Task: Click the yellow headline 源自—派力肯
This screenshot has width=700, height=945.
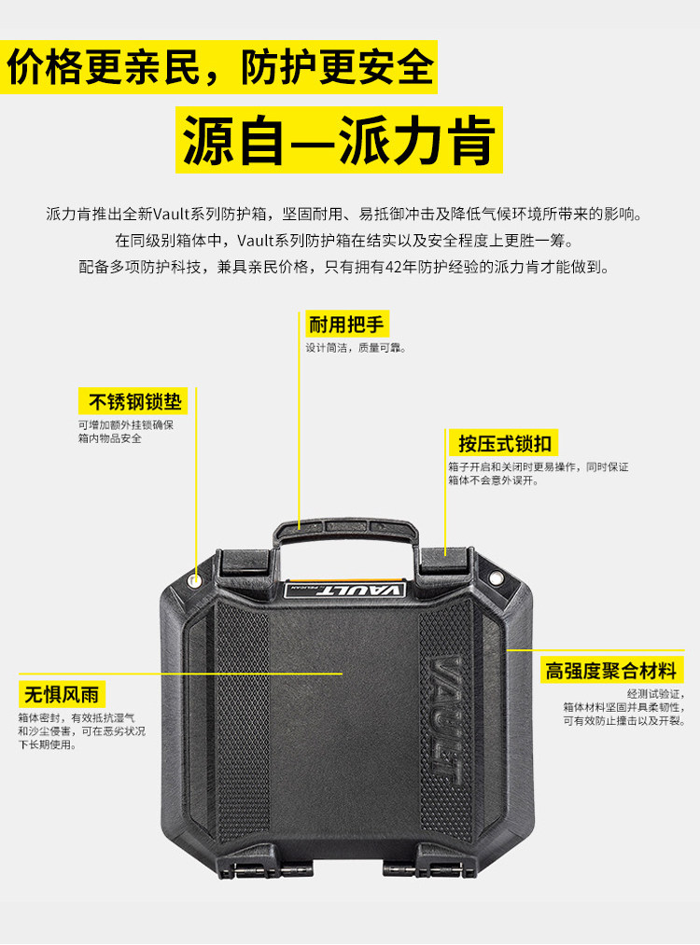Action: click(x=339, y=140)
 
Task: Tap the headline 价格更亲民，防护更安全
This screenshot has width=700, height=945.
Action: click(x=220, y=68)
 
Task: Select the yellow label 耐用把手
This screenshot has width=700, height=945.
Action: click(x=346, y=324)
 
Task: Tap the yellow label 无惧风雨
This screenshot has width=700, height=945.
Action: click(x=62, y=694)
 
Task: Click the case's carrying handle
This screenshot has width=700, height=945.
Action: click(x=343, y=531)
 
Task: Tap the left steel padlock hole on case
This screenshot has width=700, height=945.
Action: click(x=194, y=580)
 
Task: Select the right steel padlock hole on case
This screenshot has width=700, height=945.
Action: click(x=497, y=579)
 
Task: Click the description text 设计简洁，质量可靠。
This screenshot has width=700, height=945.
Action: click(x=357, y=348)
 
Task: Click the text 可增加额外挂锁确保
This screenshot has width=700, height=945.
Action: click(x=125, y=424)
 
